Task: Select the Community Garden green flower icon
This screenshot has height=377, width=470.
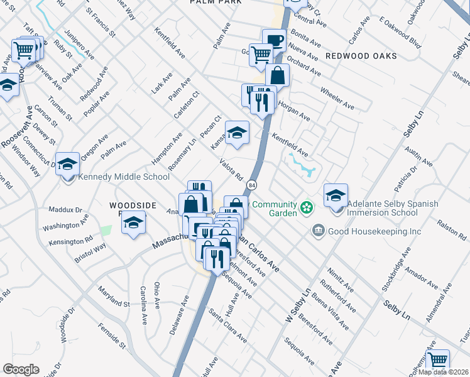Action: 306,206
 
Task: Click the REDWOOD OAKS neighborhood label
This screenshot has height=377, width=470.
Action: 361,56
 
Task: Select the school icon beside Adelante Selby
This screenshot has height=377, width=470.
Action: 336,195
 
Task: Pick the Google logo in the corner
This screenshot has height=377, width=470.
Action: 20,369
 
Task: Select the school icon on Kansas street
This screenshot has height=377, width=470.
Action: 237,133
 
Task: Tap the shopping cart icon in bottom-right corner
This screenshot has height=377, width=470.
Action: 438,361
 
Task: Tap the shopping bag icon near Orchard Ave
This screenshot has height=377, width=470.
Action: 277,75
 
